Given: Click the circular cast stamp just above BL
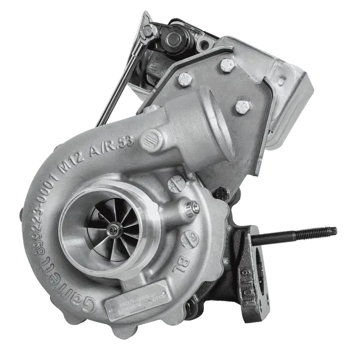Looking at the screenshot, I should point(190,238).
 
